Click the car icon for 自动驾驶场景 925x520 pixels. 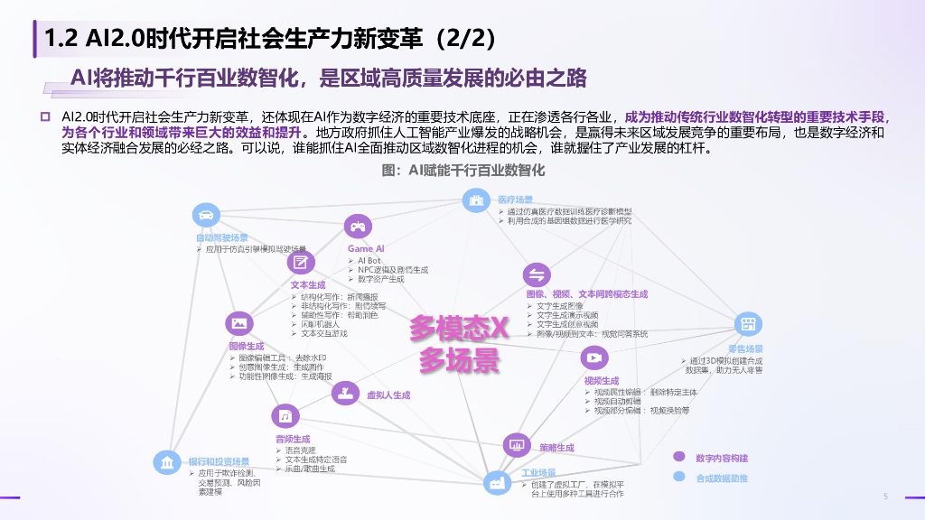pyautogui.click(x=206, y=216)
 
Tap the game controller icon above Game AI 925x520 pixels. pyautogui.click(x=358, y=227)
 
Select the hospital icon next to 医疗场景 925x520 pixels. pyautogui.click(x=475, y=200)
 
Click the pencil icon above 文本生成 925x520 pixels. pyautogui.click(x=300, y=263)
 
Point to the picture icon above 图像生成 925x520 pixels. pyautogui.click(x=240, y=322)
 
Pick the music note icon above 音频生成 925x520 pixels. pyautogui.click(x=285, y=416)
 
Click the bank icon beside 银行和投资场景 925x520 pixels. pyautogui.click(x=167, y=463)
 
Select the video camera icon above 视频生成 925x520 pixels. pyautogui.click(x=593, y=357)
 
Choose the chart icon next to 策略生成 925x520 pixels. pyautogui.click(x=517, y=444)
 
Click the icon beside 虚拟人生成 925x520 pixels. pyautogui.click(x=344, y=392)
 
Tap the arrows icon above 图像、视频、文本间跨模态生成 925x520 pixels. pyautogui.click(x=537, y=275)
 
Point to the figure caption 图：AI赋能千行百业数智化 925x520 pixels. pyautogui.click(x=463, y=170)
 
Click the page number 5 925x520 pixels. pyautogui.click(x=885, y=497)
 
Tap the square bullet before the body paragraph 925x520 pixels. pyautogui.click(x=43, y=116)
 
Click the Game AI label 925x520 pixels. pyautogui.click(x=366, y=248)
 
